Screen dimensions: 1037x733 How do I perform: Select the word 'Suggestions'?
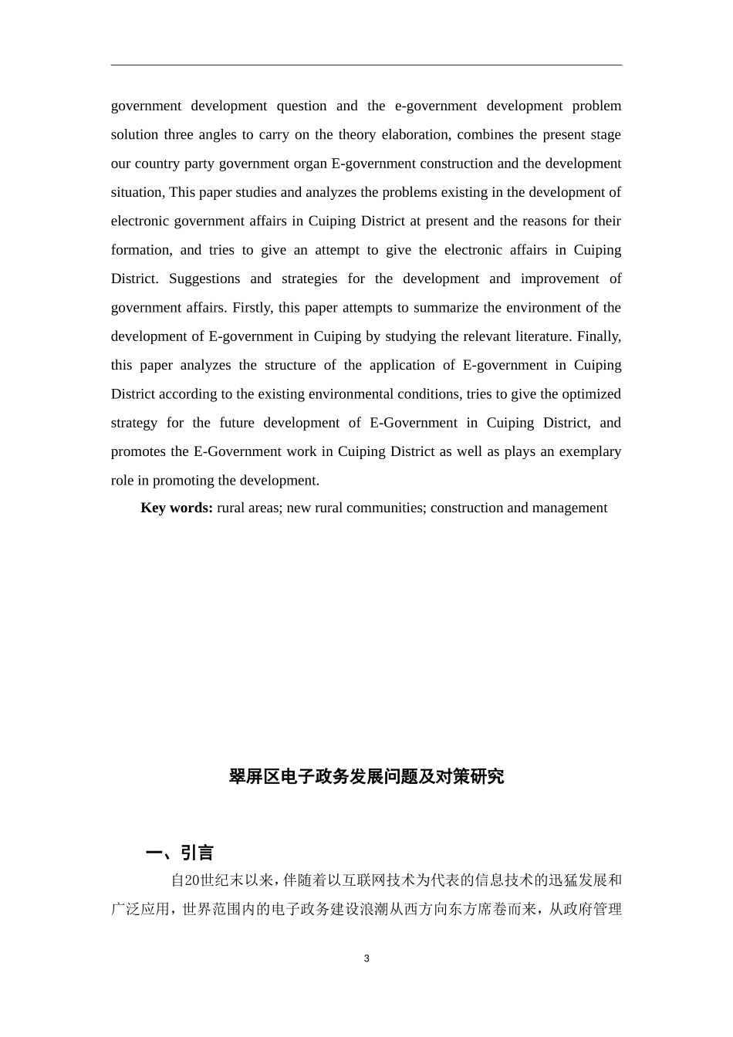click(204, 279)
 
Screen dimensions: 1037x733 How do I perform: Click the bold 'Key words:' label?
click(177, 508)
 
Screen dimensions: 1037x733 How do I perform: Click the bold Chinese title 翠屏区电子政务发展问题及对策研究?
click(366, 776)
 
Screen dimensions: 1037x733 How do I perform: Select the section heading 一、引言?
click(180, 853)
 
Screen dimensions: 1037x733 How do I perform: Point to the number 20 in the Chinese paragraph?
click(194, 880)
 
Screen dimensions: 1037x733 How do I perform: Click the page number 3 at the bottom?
click(366, 958)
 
